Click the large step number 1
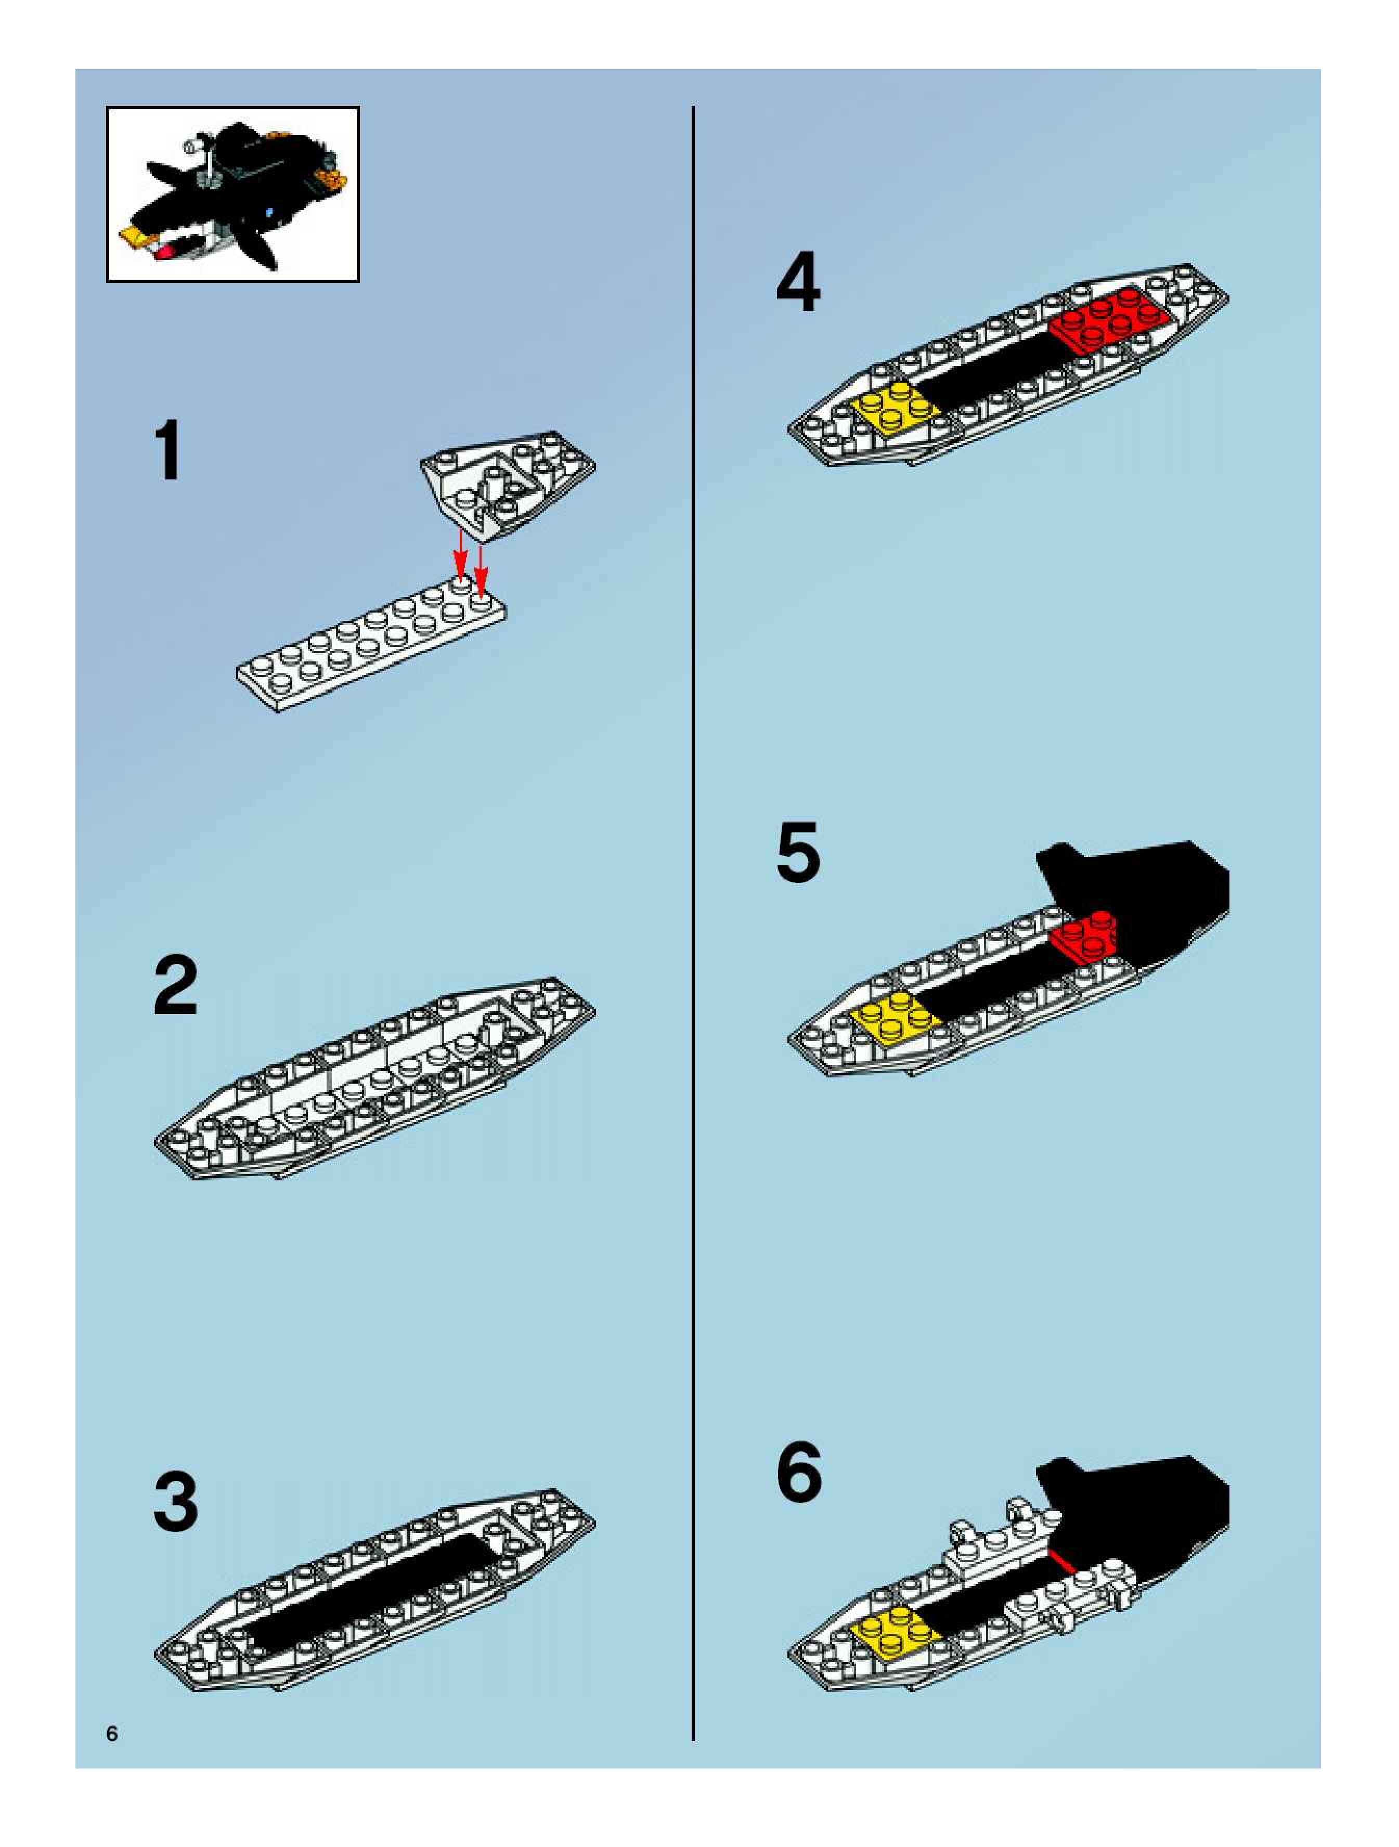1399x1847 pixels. pyautogui.click(x=169, y=451)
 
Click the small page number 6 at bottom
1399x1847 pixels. pyautogui.click(x=112, y=1734)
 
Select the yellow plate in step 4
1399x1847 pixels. pyautogui.click(x=896, y=407)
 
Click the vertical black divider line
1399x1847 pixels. pyautogui.click(x=693, y=918)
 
